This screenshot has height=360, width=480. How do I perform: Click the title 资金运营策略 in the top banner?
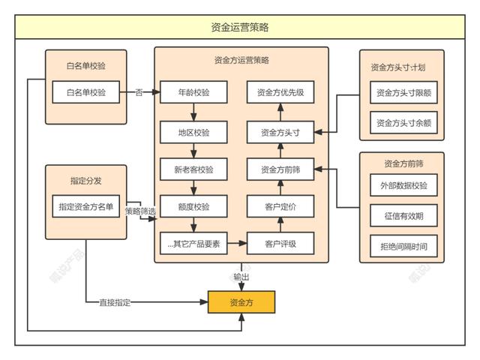point(240,28)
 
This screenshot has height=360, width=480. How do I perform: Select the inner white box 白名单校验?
point(86,93)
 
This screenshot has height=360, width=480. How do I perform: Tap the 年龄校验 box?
point(194,93)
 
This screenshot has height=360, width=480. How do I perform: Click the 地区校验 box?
point(194,133)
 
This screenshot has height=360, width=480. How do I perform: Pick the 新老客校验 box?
point(194,169)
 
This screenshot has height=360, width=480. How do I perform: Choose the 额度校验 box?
point(194,206)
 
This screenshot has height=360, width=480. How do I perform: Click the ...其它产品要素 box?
point(194,244)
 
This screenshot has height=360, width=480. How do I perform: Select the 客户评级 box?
point(280,244)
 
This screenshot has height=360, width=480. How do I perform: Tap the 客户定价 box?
point(280,206)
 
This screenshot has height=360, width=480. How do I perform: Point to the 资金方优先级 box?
point(280,93)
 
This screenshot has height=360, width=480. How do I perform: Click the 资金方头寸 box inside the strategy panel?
point(280,133)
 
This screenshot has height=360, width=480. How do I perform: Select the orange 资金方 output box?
point(241,302)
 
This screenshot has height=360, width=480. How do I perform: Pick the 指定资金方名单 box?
point(86,206)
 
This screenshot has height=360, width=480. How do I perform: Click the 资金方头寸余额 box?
point(403,122)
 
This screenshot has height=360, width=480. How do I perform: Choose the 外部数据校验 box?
point(403,185)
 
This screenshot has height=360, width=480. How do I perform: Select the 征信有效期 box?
point(403,215)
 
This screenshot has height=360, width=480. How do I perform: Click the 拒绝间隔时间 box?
point(403,245)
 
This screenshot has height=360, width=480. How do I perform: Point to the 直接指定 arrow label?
point(115,303)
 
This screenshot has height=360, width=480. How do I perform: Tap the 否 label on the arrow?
point(139,93)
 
